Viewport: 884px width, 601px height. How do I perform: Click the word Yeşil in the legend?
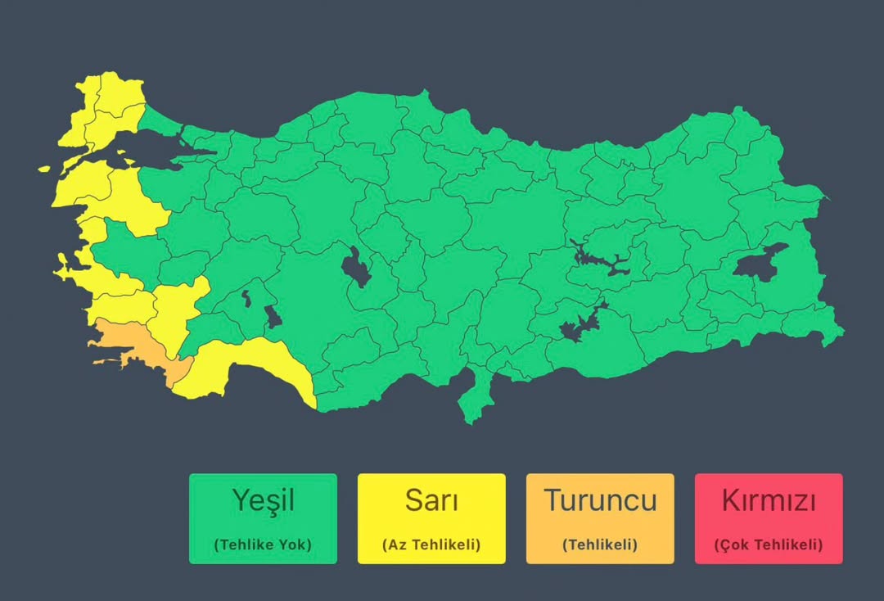click(262, 499)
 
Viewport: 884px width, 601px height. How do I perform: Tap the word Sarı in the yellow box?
click(431, 499)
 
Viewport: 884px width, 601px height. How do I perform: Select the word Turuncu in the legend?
click(600, 499)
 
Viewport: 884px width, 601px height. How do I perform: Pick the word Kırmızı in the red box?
click(769, 499)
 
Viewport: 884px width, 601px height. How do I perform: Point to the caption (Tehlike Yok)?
click(262, 545)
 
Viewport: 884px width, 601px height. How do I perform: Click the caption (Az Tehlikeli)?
click(431, 545)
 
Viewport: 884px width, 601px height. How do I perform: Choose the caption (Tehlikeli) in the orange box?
click(600, 545)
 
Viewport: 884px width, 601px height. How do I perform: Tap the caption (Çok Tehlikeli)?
click(769, 545)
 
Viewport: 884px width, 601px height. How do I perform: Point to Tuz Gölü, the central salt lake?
click(356, 268)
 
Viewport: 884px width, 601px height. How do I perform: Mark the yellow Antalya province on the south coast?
click(246, 364)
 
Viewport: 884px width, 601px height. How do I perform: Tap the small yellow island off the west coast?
click(44, 169)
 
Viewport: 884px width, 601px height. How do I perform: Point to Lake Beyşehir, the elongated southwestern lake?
click(273, 315)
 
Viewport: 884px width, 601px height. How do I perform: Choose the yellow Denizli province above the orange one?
click(176, 311)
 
